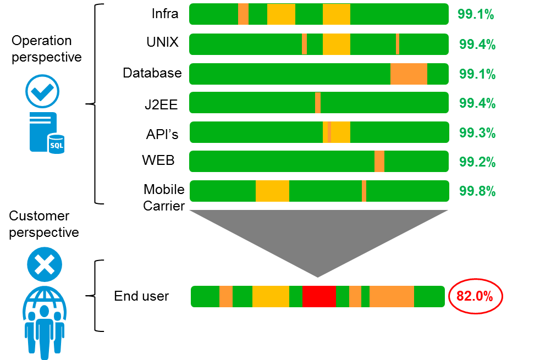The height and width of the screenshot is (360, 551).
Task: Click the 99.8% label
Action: [x=477, y=191]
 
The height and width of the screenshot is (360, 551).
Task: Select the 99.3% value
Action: [x=477, y=133]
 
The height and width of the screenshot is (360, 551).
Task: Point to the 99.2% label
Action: [x=477, y=162]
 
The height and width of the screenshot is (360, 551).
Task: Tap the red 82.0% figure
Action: [x=475, y=296]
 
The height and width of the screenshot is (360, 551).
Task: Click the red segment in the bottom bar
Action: [x=319, y=296]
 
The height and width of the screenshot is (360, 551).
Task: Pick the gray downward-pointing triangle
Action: [x=318, y=236]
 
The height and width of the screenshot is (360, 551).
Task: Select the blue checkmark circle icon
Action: [x=42, y=91]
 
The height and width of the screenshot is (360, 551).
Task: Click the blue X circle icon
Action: [x=45, y=264]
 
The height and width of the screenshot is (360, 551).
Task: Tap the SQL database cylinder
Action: [x=56, y=144]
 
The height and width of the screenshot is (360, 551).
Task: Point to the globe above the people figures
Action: [x=45, y=300]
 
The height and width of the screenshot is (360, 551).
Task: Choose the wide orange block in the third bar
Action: [x=409, y=74]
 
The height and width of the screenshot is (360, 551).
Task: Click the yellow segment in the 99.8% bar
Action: [x=272, y=191]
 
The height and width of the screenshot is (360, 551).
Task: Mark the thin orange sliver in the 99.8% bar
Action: [x=364, y=191]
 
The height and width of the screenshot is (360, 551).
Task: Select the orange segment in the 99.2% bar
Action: [x=379, y=162]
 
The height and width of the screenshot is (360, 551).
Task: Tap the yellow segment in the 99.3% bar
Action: [x=340, y=132]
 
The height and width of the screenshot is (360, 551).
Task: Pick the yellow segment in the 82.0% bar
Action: [x=271, y=296]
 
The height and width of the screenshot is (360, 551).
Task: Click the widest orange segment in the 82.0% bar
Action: [x=392, y=296]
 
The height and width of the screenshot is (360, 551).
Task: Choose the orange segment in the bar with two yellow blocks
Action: [x=243, y=14]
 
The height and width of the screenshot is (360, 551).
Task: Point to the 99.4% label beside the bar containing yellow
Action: [x=477, y=45]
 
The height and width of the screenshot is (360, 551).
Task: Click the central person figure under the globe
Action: [x=45, y=330]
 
